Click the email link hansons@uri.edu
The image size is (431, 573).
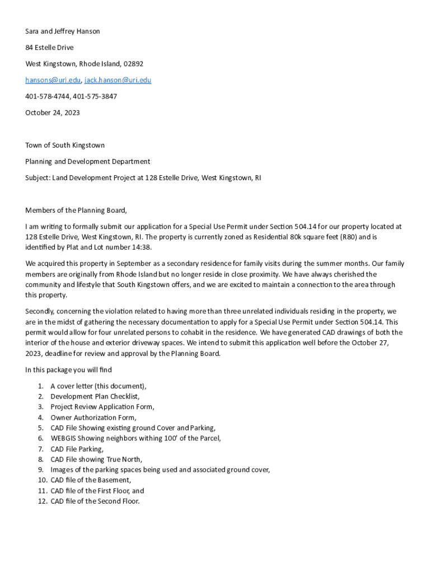click(x=53, y=80)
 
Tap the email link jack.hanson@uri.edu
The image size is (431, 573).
click(x=118, y=80)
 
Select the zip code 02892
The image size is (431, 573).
click(x=133, y=64)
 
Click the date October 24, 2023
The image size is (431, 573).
click(x=53, y=112)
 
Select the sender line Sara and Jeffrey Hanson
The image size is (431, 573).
click(x=63, y=31)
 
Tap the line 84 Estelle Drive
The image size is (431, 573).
click(x=49, y=48)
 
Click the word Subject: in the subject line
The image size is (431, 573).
click(x=38, y=178)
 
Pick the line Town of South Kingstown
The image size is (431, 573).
click(x=65, y=145)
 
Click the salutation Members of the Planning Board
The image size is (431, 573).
click(x=76, y=210)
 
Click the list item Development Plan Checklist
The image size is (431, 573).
click(x=95, y=396)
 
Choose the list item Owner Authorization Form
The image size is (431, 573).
click(x=93, y=417)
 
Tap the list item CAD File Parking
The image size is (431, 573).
click(x=77, y=449)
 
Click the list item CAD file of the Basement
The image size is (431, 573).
click(x=91, y=480)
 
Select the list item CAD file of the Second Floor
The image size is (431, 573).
click(x=95, y=501)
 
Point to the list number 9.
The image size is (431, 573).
click(x=41, y=470)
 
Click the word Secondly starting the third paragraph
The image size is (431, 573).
click(x=40, y=311)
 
